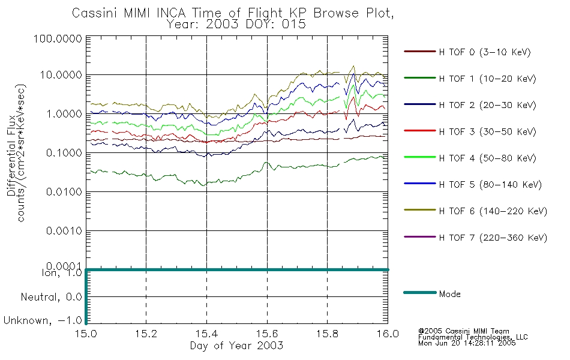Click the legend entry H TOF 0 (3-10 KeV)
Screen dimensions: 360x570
pos(485,52)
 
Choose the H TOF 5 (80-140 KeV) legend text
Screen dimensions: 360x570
pos(490,185)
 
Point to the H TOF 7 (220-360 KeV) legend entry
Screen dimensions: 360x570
pos(493,238)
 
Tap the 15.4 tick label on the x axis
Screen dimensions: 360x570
pos(206,334)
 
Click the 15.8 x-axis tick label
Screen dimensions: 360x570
pos(327,334)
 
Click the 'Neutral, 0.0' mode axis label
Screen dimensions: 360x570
pos(52,297)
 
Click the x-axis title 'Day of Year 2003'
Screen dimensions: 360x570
pos(236,346)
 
